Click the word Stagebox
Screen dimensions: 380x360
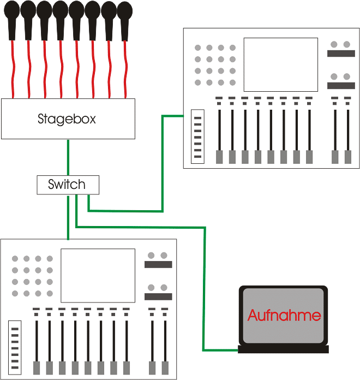click(x=67, y=118)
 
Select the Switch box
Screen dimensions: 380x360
click(x=68, y=185)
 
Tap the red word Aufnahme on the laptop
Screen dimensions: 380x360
click(x=284, y=315)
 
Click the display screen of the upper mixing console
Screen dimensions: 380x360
click(x=280, y=64)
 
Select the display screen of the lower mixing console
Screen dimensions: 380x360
click(x=98, y=276)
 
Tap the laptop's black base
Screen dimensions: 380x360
click(x=284, y=349)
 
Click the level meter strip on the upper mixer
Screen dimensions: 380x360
click(x=197, y=136)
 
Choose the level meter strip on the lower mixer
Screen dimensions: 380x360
click(x=15, y=348)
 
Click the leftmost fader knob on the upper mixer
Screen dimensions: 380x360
click(x=219, y=157)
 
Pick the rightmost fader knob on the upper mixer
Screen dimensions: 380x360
click(x=348, y=157)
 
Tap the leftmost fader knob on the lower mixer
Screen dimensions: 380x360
click(x=37, y=367)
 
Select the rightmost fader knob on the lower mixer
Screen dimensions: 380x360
click(x=165, y=367)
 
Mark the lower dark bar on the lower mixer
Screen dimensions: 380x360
click(x=158, y=296)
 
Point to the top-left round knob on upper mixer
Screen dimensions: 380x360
click(x=197, y=48)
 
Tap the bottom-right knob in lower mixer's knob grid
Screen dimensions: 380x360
click(x=50, y=294)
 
